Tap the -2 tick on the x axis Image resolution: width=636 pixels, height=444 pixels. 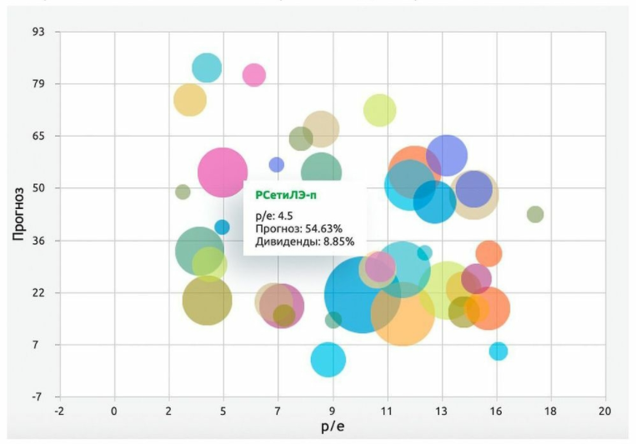tap(58, 411)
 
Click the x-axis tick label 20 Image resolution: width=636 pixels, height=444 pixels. tap(604, 411)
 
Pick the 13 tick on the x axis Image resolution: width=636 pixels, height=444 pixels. tap(441, 411)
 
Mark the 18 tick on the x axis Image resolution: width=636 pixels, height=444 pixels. tap(550, 411)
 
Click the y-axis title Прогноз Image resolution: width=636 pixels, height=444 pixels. tap(18, 214)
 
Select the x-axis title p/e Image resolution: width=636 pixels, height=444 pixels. tap(332, 428)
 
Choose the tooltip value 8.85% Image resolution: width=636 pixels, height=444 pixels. tap(335, 242)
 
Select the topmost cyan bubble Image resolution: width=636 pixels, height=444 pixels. tap(207, 68)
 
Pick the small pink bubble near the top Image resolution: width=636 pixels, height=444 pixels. tap(254, 75)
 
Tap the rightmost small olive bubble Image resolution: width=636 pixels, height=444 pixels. tap(535, 214)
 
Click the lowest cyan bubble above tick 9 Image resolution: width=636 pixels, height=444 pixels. tap(328, 359)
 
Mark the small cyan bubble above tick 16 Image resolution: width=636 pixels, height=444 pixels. tap(498, 352)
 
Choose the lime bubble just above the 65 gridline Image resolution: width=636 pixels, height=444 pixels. tap(379, 110)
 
